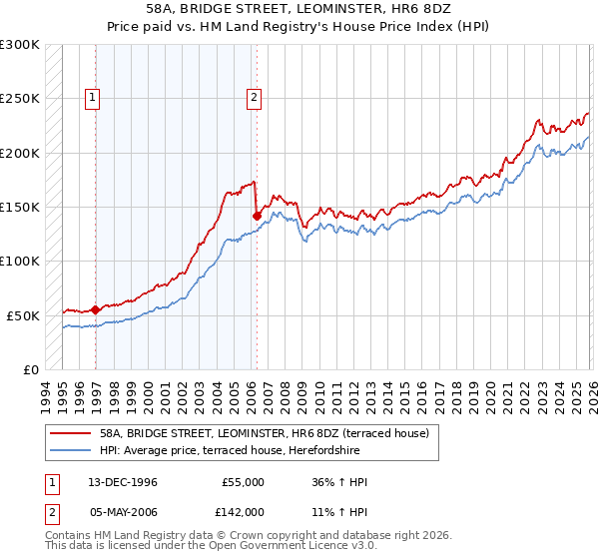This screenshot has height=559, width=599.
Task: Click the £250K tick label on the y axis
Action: [x=20, y=99]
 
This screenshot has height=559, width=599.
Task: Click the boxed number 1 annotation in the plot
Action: [x=92, y=98]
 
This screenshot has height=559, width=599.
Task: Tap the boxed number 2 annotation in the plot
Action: [x=255, y=98]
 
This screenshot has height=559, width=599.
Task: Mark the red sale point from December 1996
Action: [x=96, y=309]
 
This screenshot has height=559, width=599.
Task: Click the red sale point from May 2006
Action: [x=257, y=215]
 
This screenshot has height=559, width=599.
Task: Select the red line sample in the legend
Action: [x=71, y=433]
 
